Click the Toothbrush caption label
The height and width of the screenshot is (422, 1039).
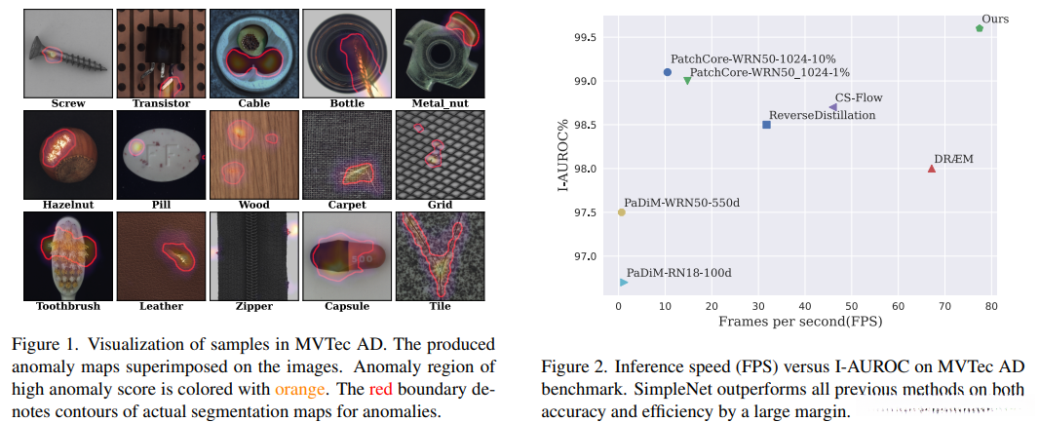67,306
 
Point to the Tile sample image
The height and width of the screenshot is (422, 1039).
440,255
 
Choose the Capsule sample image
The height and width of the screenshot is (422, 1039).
346,255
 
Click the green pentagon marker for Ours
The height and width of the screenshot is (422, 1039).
980,28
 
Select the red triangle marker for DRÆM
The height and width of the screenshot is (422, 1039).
932,169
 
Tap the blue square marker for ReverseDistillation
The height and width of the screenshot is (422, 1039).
766,125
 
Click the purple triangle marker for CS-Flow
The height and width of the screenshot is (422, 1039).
832,107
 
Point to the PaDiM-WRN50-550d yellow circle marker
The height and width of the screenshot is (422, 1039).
622,212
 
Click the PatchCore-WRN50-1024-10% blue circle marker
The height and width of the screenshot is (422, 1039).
668,72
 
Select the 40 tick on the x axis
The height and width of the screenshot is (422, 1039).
804,309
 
